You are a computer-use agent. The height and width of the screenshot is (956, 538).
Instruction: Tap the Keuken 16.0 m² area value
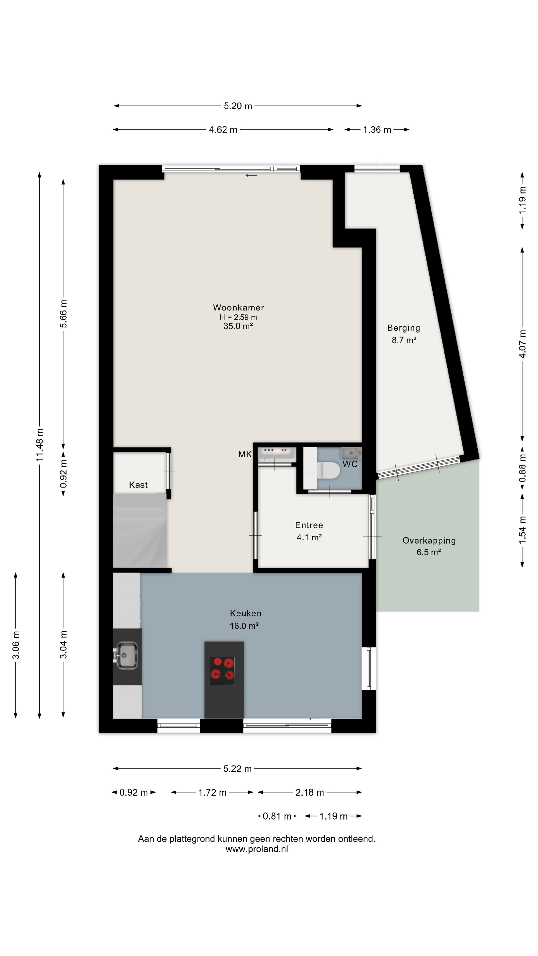point(244,626)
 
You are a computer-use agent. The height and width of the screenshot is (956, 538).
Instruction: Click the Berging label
point(403,328)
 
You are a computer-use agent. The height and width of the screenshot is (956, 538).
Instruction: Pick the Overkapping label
point(429,541)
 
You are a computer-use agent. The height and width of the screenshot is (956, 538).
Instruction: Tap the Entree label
point(309,525)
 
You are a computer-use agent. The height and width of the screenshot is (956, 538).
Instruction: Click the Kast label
point(138,485)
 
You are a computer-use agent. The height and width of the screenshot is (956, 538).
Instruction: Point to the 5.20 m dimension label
point(238,106)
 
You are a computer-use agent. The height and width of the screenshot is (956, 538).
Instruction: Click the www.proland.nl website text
point(257,849)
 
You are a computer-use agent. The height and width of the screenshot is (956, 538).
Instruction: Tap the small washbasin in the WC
point(351,453)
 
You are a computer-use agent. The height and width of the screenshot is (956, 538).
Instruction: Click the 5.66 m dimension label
point(64,314)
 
